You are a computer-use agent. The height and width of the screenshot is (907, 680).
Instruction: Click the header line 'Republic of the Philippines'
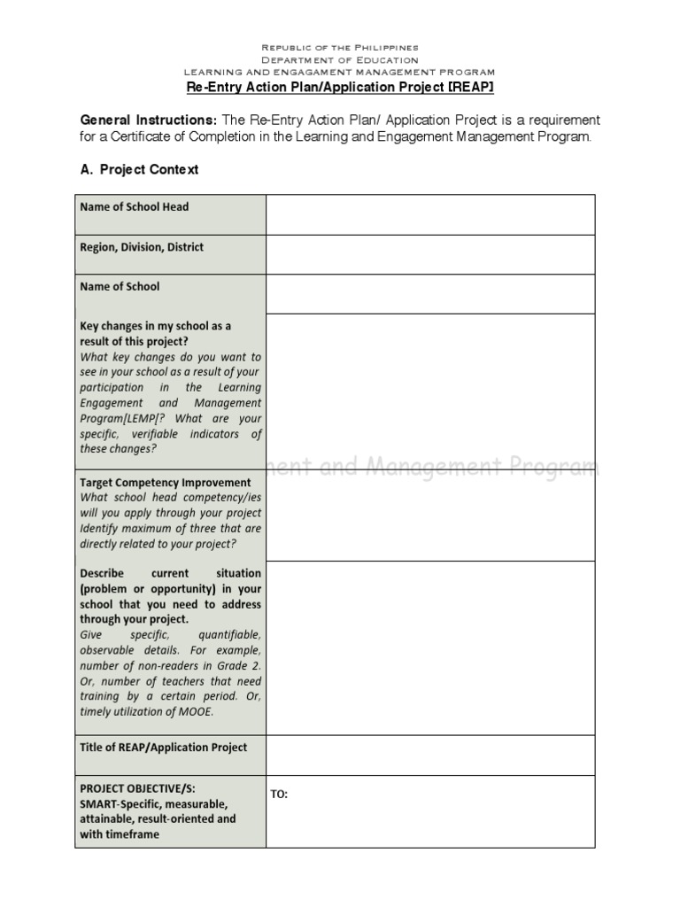click(x=340, y=47)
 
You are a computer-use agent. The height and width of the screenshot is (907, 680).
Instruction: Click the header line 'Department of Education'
click(x=340, y=59)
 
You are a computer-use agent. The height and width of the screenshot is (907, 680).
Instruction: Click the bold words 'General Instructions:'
click(x=148, y=120)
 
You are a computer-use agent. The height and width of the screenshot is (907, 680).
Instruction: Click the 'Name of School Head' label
click(x=135, y=207)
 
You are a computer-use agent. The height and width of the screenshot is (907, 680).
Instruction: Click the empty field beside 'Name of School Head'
click(x=430, y=214)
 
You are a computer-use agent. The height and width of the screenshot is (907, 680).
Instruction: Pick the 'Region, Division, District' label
click(x=142, y=247)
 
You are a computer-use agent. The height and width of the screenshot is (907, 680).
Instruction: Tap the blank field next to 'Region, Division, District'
click(x=430, y=254)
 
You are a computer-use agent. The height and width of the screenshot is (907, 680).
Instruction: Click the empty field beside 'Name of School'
click(x=430, y=294)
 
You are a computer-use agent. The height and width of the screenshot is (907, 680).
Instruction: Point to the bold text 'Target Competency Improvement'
click(x=166, y=483)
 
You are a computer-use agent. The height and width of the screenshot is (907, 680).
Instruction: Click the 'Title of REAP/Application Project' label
click(x=164, y=747)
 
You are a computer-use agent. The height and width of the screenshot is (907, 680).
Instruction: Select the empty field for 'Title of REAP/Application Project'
click(x=430, y=755)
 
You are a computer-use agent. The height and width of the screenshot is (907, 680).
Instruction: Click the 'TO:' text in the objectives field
click(x=279, y=794)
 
